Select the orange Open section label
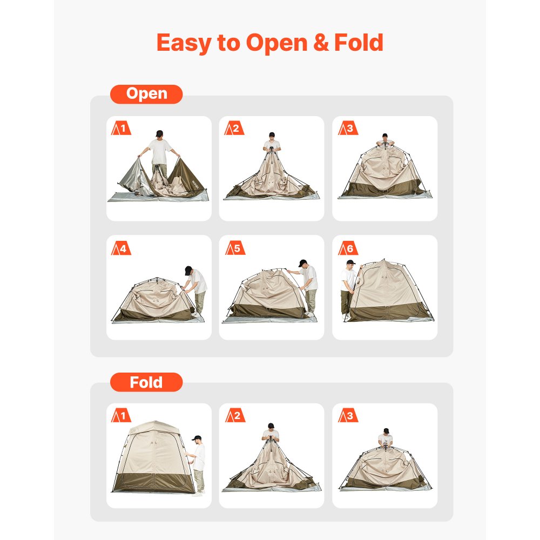point(146,94)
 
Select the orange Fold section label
point(146,382)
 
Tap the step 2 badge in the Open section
point(234,129)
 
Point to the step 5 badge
point(234,249)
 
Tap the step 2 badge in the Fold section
point(234,416)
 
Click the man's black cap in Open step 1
point(159,132)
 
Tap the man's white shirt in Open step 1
point(160,151)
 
